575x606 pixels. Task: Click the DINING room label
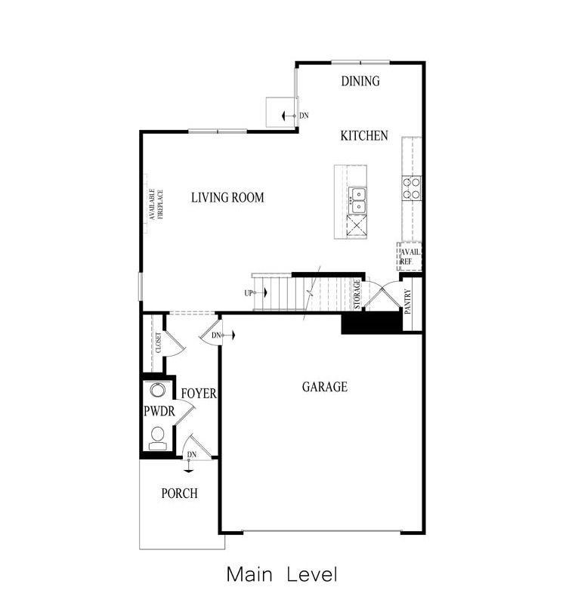360,82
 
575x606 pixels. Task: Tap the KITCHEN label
364,136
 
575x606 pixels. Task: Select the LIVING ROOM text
227,198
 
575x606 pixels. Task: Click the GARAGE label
325,387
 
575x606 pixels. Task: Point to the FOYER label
199,394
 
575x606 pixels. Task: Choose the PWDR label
159,412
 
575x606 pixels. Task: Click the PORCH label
180,493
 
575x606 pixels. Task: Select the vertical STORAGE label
357,295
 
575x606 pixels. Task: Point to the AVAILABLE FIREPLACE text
156,204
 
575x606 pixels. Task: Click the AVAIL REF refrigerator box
410,256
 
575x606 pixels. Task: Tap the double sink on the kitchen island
357,200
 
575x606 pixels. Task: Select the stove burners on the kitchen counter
411,187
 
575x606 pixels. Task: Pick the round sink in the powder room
158,391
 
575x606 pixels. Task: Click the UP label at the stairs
248,293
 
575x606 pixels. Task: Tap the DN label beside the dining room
304,116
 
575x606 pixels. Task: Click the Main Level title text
281,575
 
